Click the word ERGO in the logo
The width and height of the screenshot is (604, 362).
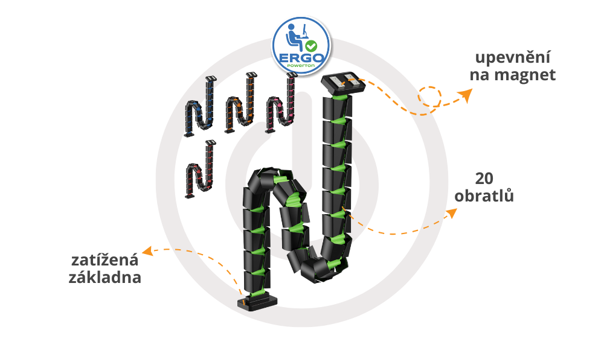click(x=300, y=57)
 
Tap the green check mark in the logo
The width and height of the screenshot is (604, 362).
click(x=311, y=46)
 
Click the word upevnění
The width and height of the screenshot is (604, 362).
click(x=512, y=59)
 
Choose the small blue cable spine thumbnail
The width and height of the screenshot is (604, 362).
click(x=199, y=107)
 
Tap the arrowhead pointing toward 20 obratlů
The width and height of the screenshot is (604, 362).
click(x=451, y=212)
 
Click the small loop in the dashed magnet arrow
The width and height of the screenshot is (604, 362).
click(x=430, y=97)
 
